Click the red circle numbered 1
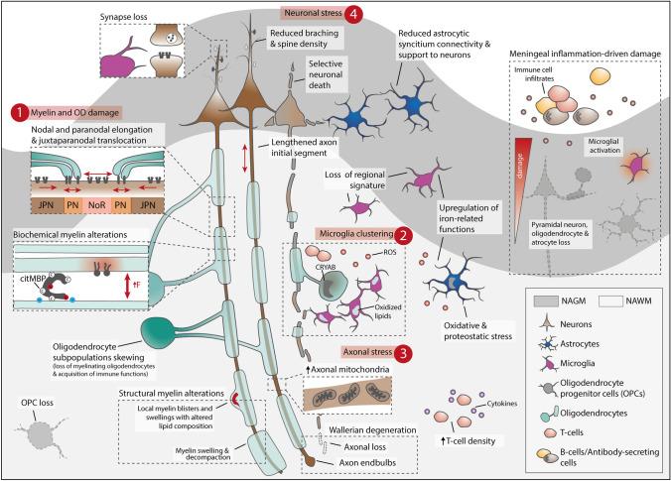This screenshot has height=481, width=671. tap(17, 112)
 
